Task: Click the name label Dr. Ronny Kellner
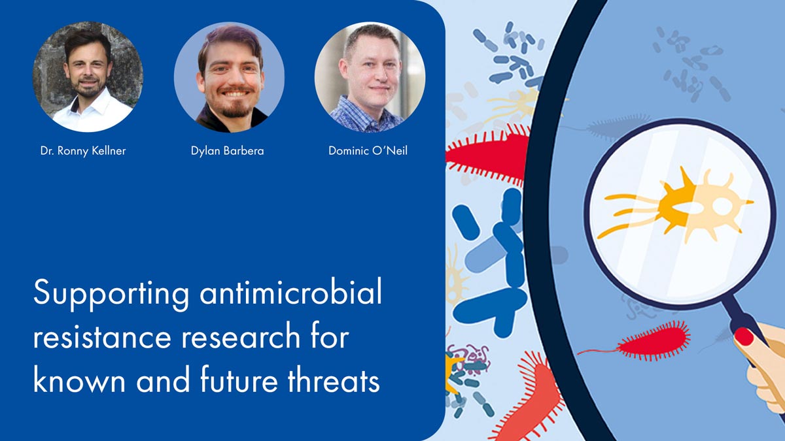coord(83,151)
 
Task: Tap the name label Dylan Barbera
coord(228,151)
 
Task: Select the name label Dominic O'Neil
coord(368,151)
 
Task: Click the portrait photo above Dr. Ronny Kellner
coord(88,77)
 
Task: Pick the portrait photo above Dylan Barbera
coord(229,77)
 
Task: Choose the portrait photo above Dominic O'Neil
coord(370,77)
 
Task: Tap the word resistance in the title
coord(102,336)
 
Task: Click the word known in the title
coord(79,379)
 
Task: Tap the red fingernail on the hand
coord(744,336)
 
